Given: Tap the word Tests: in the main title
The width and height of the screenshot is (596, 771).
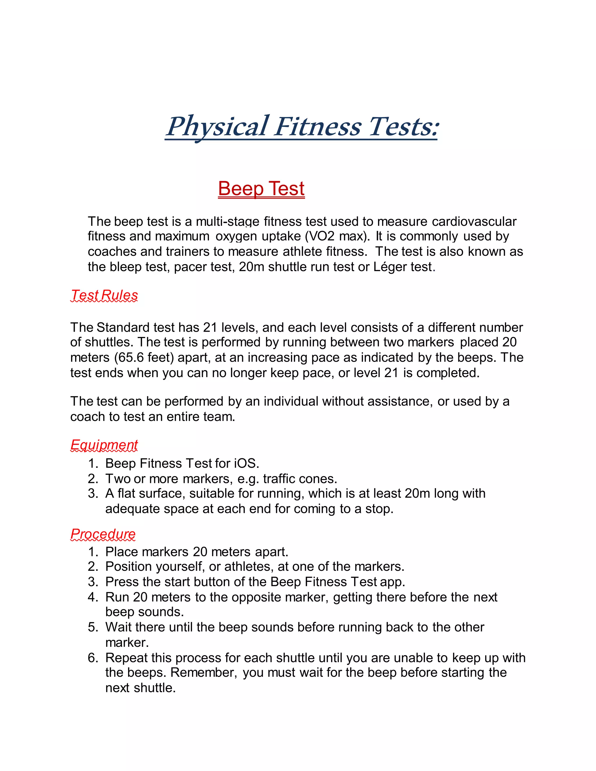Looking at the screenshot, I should tap(402, 127).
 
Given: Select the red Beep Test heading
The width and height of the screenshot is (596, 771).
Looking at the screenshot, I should tap(261, 189).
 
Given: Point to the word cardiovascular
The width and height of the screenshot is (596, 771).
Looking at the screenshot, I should tap(474, 221).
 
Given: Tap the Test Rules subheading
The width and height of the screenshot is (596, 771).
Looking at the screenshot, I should tap(104, 295).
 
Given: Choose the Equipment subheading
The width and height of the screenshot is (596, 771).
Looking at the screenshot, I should tap(104, 445).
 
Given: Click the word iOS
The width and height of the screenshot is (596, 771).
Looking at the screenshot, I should tap(246, 463).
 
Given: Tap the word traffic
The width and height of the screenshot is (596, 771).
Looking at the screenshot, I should tap(279, 479).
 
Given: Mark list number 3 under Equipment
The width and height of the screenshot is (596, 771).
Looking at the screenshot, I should tap(93, 493).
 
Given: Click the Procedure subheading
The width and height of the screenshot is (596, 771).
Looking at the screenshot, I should tap(103, 534).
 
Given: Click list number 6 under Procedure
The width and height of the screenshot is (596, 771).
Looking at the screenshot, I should tap(93, 658).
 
